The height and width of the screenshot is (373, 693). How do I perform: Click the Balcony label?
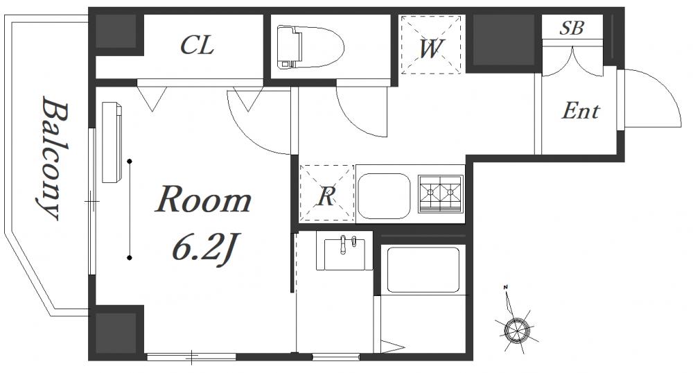point(53,158)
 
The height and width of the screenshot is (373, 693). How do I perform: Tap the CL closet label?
point(197,45)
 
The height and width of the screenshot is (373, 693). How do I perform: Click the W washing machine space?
point(431,44)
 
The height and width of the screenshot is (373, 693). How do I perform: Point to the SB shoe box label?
point(572,28)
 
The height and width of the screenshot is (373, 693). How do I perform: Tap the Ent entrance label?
point(580,110)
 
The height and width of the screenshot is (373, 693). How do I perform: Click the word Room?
point(204,199)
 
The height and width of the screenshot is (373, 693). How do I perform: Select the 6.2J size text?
point(203,250)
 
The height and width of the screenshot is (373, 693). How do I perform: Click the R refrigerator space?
point(327,193)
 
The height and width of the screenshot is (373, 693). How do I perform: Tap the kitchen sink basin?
point(384,196)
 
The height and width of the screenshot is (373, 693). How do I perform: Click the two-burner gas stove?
point(441,193)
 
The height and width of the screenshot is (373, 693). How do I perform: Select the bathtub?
point(423,270)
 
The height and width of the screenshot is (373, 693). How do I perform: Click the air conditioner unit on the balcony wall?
point(112,142)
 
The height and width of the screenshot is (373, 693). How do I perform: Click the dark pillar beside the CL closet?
point(116,31)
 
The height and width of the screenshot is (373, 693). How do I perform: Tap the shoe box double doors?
point(573,61)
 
